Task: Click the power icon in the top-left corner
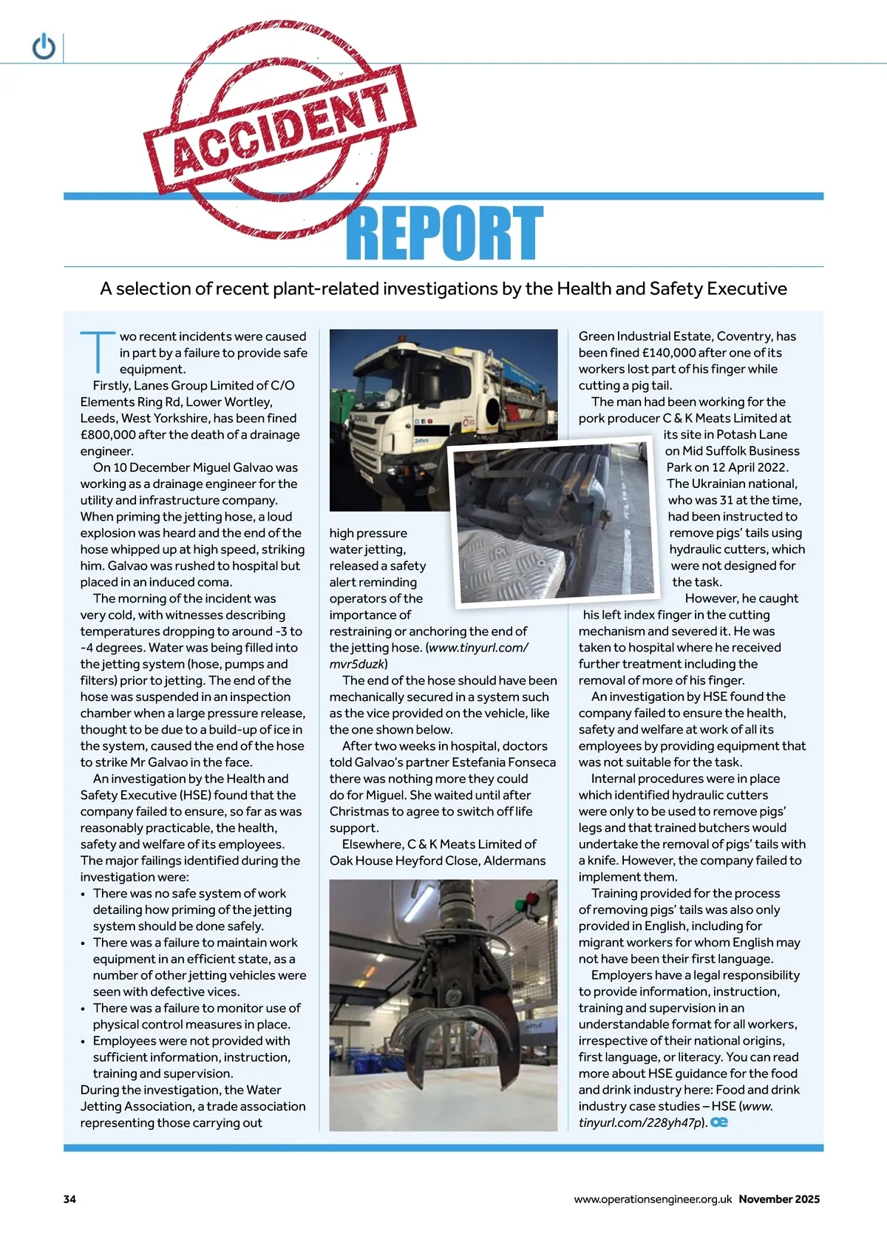[x=44, y=47]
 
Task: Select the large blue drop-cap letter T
[x=98, y=352]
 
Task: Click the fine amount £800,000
[x=112, y=435]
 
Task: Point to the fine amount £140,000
[x=676, y=353]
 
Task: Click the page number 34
[x=69, y=1199]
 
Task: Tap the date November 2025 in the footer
[x=779, y=1199]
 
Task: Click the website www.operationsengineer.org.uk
[x=653, y=1199]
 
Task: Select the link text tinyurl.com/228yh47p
[x=640, y=1122]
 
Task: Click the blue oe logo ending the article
[x=719, y=1122]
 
